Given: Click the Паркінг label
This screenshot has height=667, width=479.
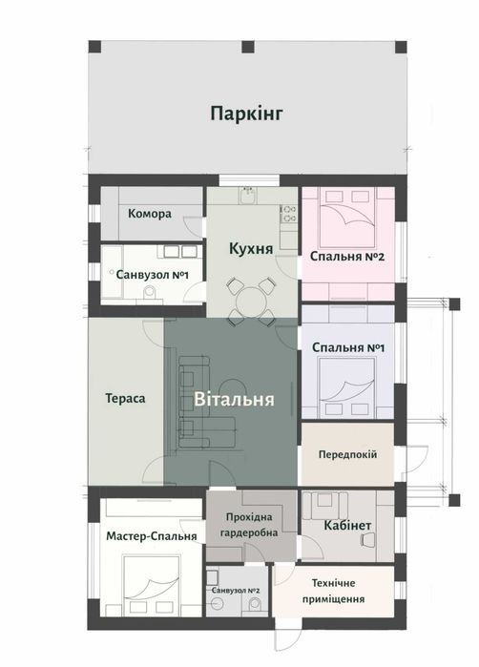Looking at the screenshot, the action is [246, 114].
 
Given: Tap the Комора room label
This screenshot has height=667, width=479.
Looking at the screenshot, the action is [150, 214].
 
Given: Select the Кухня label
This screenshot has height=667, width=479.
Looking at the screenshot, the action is [251, 249].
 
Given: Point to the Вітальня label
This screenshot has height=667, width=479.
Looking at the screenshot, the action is [234, 400].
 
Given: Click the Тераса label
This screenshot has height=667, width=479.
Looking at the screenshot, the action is [125, 399].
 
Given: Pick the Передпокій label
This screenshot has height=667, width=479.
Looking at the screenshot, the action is [347, 455].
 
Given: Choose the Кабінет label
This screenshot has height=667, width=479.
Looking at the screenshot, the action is [347, 526].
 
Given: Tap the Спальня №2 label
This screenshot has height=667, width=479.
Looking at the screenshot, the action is [347, 257].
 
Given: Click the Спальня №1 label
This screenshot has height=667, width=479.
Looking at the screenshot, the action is [348, 347].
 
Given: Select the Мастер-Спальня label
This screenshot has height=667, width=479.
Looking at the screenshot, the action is [152, 536].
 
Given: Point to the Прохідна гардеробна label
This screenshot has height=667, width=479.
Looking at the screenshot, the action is [249, 525].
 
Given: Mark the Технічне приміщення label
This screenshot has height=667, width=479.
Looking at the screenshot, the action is [334, 591].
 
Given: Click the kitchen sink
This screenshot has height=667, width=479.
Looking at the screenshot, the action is [247, 196].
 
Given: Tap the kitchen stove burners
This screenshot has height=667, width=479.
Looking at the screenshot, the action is [288, 214].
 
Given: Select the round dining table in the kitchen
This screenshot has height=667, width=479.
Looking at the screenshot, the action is [251, 302].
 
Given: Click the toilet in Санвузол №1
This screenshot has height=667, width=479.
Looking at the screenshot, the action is [150, 293].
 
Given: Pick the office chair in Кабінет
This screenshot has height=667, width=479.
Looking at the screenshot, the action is [367, 540].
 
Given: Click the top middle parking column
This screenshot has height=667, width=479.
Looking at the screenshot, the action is [248, 47].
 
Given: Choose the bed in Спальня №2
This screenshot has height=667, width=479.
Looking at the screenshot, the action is [347, 218].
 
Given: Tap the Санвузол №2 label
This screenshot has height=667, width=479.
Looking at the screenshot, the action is [236, 591].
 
